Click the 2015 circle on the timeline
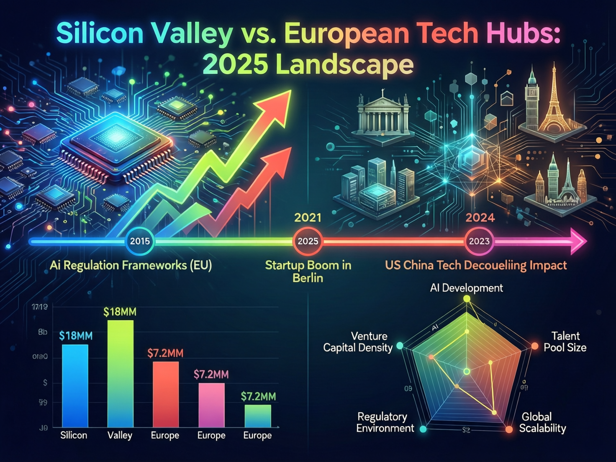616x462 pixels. [140, 241]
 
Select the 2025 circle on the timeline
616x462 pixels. [308, 241]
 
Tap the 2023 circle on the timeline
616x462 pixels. [479, 241]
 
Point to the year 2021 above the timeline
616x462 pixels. [308, 218]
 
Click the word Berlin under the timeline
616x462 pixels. [308, 278]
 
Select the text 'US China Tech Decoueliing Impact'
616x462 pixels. [476, 265]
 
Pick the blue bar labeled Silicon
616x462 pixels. [75, 385]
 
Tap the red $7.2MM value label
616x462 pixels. [165, 353]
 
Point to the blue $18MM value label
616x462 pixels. [76, 336]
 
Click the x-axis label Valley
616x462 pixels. [120, 435]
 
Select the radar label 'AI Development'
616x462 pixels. [466, 288]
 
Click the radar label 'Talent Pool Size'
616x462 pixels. [565, 341]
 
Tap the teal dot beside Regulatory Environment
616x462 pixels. [423, 429]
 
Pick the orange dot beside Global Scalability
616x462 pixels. [509, 429]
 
